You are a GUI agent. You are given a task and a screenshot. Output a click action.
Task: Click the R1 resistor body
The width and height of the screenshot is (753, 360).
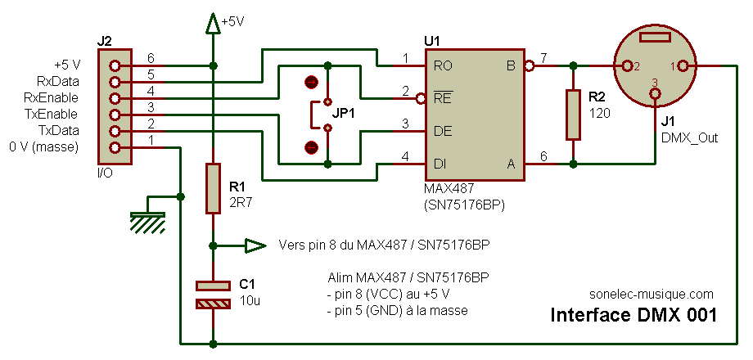pos(214,188)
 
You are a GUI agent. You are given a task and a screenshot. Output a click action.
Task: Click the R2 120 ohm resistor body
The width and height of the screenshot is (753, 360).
pos(572,115)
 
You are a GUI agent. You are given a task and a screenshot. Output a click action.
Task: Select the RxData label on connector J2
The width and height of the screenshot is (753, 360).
pos(58,81)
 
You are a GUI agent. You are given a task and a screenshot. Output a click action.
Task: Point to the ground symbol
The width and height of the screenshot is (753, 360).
pos(147,221)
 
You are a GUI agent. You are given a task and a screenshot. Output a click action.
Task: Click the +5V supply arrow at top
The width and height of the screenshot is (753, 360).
pos(214,24)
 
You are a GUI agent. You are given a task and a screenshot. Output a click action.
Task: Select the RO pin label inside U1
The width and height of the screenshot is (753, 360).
pos(442,65)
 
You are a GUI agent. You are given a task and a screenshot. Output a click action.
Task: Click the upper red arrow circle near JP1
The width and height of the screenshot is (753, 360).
pos(311,83)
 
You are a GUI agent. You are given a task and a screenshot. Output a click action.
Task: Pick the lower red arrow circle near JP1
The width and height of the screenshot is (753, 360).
pos(311,147)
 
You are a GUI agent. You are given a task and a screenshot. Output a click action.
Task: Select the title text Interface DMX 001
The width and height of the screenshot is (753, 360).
pos(634,315)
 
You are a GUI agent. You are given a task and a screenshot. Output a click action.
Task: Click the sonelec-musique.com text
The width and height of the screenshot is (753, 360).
pos(651,295)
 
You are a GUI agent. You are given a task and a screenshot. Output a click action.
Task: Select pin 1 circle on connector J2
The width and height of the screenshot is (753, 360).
pos(115,147)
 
